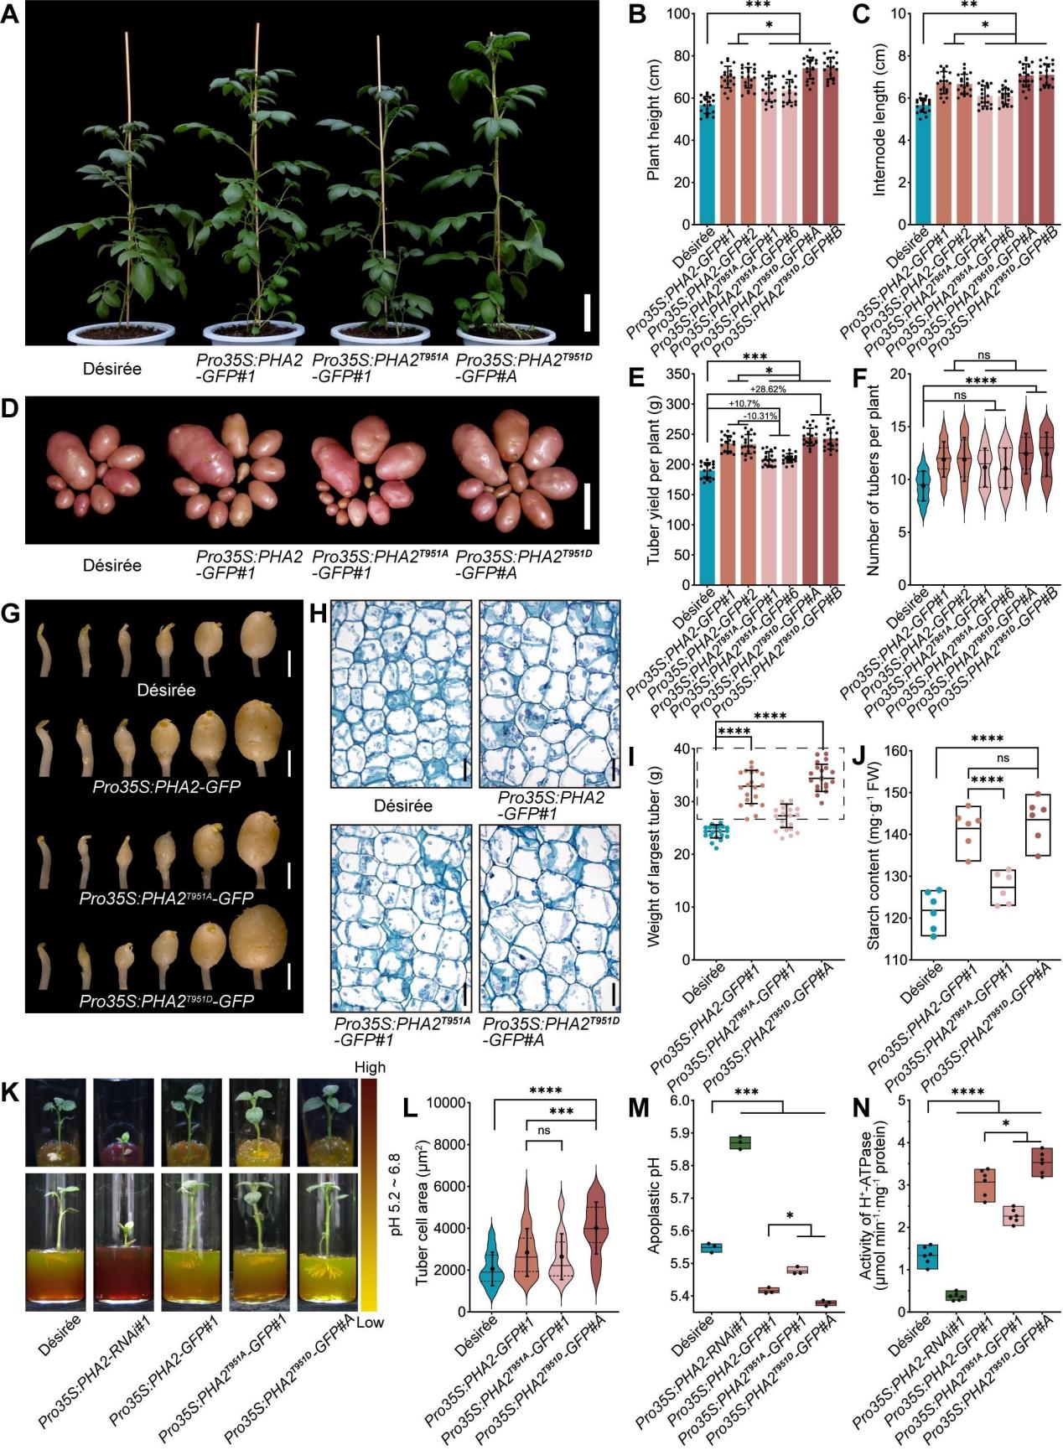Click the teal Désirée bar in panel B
[708, 163]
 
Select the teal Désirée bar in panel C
[922, 163]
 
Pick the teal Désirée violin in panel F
[924, 485]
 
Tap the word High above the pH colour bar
[370, 1067]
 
